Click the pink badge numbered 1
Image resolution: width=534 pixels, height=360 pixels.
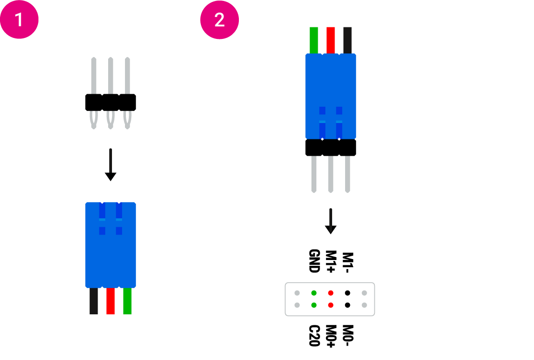(x=19, y=20)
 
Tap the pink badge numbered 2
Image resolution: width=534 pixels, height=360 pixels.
(x=219, y=20)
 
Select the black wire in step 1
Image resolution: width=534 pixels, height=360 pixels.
(x=94, y=301)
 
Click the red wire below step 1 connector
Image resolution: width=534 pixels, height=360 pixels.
(x=111, y=301)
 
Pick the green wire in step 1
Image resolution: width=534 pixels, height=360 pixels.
(x=127, y=301)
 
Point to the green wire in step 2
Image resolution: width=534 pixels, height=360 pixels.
(x=314, y=40)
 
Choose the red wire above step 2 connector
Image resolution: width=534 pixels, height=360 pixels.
(x=331, y=40)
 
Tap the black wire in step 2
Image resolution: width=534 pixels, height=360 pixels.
(x=348, y=40)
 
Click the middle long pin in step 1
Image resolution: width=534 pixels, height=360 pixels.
(x=111, y=75)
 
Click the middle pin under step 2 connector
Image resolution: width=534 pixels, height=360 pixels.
(x=331, y=174)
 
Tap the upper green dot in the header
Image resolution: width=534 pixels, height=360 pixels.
(x=314, y=293)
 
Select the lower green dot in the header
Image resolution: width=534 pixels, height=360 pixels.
(x=314, y=305)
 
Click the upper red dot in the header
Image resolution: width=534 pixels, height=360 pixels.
(x=331, y=293)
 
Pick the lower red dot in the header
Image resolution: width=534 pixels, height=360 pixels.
(x=331, y=305)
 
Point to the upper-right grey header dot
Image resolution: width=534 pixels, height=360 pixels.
(x=364, y=293)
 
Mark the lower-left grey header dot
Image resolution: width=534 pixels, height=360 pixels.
(x=297, y=305)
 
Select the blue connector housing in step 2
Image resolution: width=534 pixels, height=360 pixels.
(x=331, y=82)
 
